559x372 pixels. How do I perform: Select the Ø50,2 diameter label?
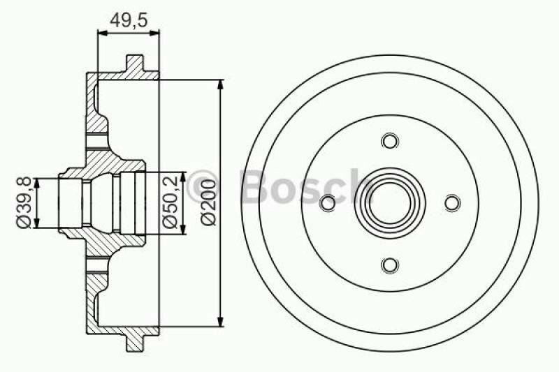[169, 202]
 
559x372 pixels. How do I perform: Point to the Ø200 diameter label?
[208, 202]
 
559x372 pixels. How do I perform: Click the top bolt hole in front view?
[390, 140]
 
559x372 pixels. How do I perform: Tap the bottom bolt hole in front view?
[390, 265]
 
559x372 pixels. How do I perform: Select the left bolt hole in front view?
[326, 202]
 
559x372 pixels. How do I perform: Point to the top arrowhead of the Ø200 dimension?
[222, 85]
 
